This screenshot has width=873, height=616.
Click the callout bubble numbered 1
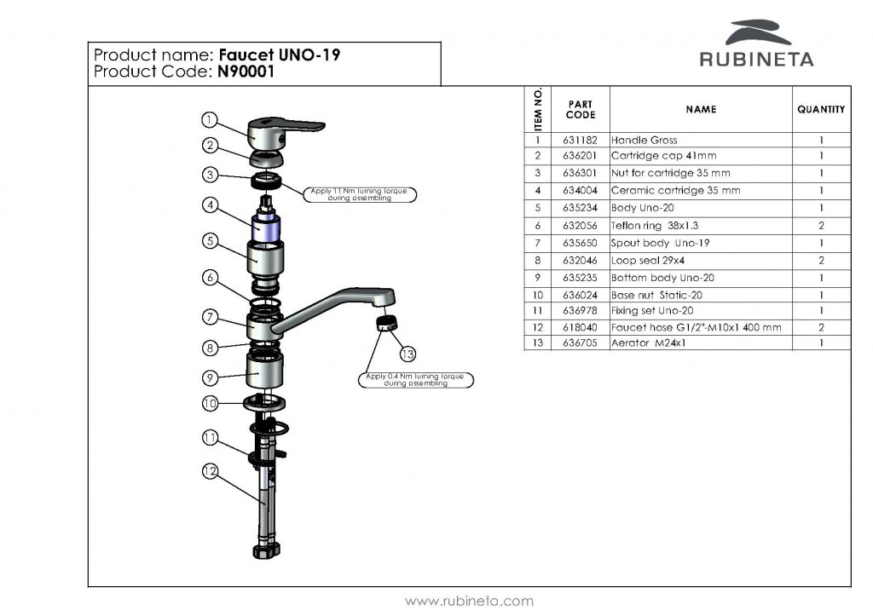[x=209, y=119]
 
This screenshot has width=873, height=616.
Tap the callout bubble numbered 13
[x=408, y=354]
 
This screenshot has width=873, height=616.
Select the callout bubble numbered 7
[x=210, y=317]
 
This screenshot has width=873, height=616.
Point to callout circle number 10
[x=210, y=404]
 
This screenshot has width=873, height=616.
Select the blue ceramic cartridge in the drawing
[x=265, y=228]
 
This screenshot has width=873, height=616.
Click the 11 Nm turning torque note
[x=359, y=194]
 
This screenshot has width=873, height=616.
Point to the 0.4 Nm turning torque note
[x=415, y=380]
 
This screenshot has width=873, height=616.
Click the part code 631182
[x=580, y=141]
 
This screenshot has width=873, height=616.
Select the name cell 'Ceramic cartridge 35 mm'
[x=675, y=190]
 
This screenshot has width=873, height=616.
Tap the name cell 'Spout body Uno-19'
[x=660, y=243]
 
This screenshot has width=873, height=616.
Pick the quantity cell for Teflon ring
[x=821, y=226]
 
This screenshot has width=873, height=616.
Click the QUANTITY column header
[x=821, y=110]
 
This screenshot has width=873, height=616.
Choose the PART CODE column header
[x=580, y=110]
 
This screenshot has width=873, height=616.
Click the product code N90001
[x=246, y=72]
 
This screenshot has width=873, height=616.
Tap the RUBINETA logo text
[x=756, y=59]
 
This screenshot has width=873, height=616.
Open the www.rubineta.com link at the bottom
[x=469, y=601]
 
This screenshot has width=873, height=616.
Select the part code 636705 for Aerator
[x=580, y=343]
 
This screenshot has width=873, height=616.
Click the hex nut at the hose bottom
[x=267, y=551]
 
